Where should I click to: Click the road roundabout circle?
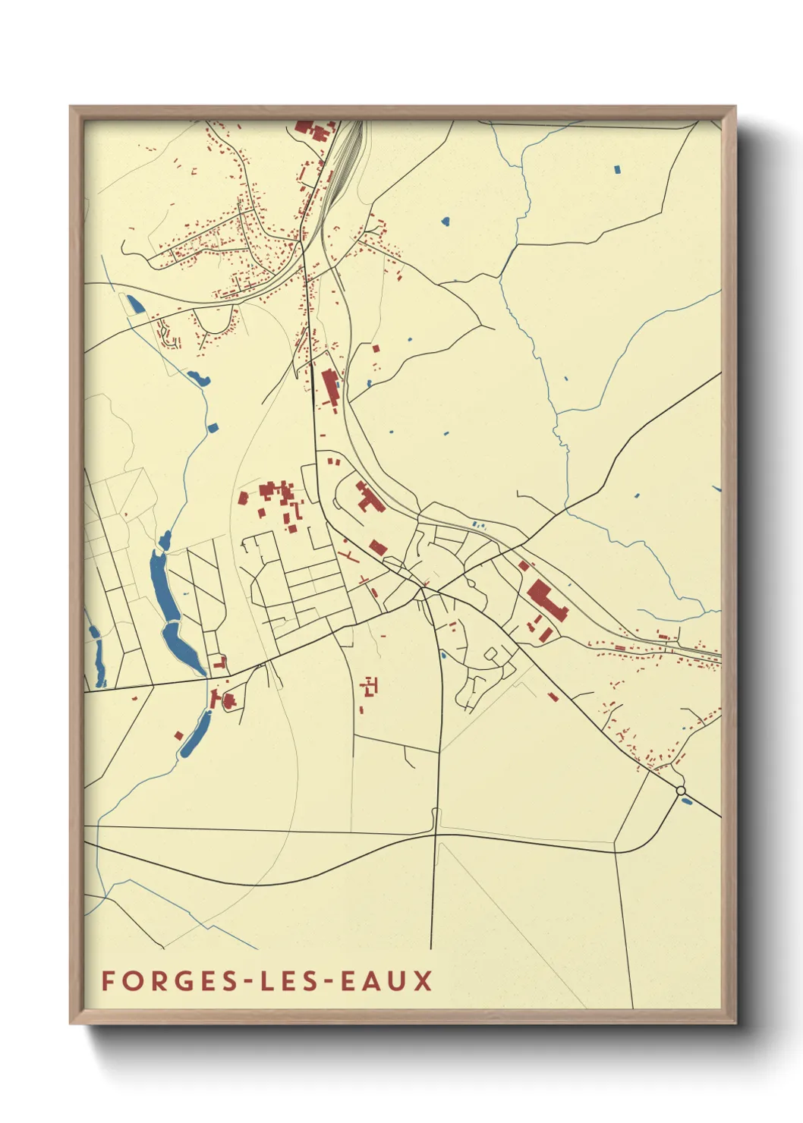[x=681, y=791]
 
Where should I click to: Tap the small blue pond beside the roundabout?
[x=686, y=801]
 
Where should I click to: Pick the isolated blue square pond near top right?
[x=617, y=169]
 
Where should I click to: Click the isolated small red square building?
[x=178, y=735]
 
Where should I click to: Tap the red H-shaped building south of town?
[x=370, y=687]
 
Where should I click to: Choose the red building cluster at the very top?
[x=313, y=130]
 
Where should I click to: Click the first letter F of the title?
[x=108, y=980]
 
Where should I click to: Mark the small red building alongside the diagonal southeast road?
[x=553, y=696]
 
